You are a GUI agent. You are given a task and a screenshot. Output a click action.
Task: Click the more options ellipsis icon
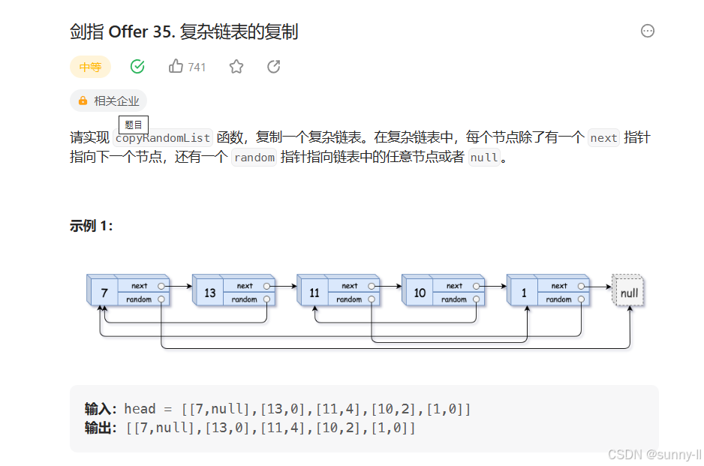point(648,31)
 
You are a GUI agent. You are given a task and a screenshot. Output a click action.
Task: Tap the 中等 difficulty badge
point(90,67)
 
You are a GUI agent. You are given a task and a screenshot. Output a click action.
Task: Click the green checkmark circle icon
point(137,67)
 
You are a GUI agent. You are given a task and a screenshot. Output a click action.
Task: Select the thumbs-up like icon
point(176,67)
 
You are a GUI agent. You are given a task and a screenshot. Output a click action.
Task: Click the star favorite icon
point(236,67)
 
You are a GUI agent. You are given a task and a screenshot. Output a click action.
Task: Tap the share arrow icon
point(274,67)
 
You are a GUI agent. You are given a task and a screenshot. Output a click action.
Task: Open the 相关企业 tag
point(108,101)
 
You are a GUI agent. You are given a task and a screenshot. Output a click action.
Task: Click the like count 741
point(197,68)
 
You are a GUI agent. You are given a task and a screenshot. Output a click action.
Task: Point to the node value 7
point(104,293)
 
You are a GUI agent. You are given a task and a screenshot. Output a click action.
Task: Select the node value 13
point(210,293)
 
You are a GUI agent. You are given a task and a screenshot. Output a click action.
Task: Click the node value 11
point(314,293)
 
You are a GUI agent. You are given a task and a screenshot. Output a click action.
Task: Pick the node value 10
point(420,293)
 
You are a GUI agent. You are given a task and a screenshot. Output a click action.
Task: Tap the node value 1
point(524,293)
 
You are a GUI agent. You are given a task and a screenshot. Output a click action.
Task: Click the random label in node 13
point(244,299)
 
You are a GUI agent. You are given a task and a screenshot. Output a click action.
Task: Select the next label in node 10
point(454,286)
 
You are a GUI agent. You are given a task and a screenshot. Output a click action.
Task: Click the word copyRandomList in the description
point(164,138)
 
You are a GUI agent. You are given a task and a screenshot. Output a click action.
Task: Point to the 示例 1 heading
point(91,226)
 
